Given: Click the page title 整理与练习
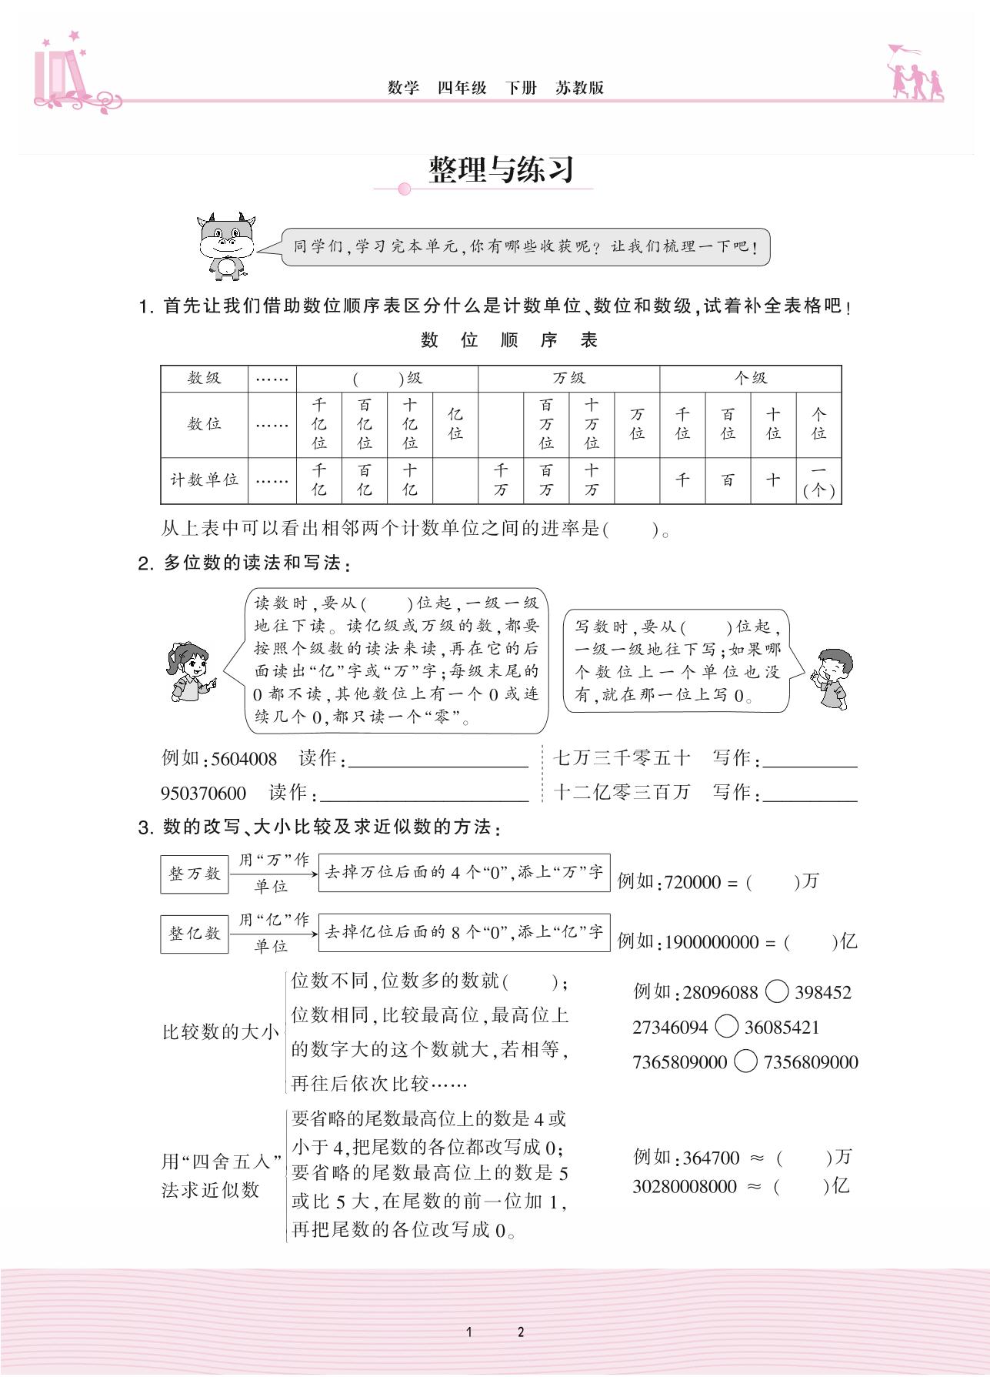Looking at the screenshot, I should (502, 169).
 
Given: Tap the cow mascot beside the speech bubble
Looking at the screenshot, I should (226, 245).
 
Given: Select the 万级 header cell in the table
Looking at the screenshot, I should (568, 378).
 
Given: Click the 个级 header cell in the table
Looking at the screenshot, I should (750, 378).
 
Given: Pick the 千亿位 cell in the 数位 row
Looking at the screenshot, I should (319, 423).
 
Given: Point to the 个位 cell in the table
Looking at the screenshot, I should (818, 423).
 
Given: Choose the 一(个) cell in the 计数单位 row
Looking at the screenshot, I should (818, 480).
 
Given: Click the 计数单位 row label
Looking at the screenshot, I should (204, 480).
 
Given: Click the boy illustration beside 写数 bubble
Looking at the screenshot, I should (831, 677).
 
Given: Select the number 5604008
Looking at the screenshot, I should (243, 759).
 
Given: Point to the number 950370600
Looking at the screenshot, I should (203, 794).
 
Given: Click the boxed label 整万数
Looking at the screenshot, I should (195, 874).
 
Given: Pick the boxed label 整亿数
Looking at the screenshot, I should (195, 933).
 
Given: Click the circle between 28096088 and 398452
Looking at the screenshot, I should (777, 992).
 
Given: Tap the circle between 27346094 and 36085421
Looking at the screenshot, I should (726, 1027).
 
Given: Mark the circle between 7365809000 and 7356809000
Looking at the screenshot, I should (745, 1062).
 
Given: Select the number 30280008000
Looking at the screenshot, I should (685, 1186).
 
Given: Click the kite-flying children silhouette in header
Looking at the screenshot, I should (915, 73).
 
